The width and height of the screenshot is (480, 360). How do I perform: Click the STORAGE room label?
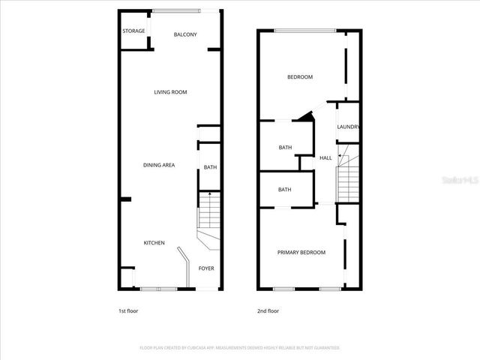coord(133,31)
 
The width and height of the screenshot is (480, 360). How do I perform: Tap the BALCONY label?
coord(185,34)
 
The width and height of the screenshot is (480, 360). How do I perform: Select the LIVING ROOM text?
coord(170,92)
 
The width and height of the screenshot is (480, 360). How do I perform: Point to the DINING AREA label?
coord(159,165)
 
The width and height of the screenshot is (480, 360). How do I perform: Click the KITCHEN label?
coord(154,242)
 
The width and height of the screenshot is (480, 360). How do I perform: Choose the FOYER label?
coord(205,268)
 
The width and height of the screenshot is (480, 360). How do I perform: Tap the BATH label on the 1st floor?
coord(210,167)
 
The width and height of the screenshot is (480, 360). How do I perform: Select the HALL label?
coord(325,157)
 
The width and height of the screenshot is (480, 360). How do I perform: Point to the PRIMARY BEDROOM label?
coord(301,252)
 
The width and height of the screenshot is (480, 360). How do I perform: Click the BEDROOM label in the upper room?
coord(300,77)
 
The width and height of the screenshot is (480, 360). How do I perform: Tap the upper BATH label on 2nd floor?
coord(285,147)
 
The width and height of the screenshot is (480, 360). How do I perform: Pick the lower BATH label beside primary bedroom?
coord(285,190)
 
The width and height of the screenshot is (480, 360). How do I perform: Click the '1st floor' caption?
coord(128,310)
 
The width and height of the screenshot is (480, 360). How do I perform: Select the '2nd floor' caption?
coord(268,310)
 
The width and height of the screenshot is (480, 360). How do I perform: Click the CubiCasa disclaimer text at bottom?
coord(240,348)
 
